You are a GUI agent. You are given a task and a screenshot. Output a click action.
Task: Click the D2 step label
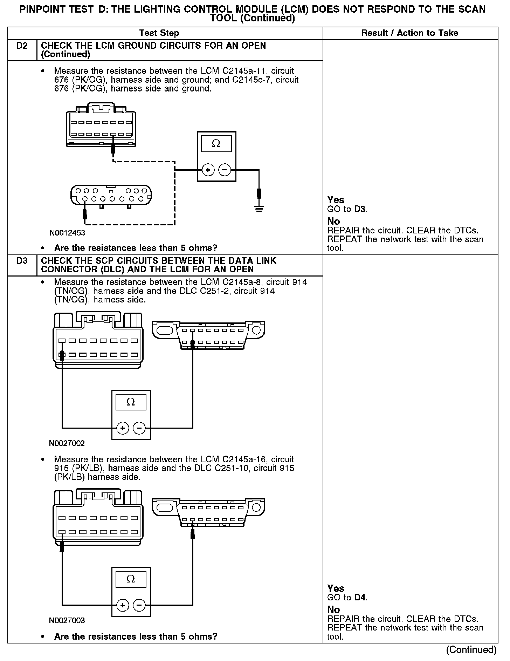(x=22, y=46)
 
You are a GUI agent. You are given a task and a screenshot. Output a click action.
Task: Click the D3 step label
(x=22, y=261)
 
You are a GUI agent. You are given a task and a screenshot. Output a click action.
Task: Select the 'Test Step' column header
(x=159, y=33)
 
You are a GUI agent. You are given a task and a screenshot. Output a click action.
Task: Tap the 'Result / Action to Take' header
(x=409, y=33)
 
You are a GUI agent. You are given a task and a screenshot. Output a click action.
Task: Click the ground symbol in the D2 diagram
(x=259, y=210)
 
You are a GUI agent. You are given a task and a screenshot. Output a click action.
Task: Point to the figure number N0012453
(x=67, y=233)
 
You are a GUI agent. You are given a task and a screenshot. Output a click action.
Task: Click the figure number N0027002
(x=67, y=443)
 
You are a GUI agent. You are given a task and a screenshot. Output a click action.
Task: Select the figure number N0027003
(x=67, y=621)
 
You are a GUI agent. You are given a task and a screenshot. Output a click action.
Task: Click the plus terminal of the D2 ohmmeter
(x=208, y=170)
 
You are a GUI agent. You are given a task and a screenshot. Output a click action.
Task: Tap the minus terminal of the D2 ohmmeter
(x=225, y=170)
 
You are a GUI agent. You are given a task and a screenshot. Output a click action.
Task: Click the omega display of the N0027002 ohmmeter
(x=131, y=402)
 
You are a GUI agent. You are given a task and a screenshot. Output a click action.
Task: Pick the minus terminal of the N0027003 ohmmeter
(x=139, y=605)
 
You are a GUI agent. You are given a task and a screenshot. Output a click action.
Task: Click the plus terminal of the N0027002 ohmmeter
(x=122, y=428)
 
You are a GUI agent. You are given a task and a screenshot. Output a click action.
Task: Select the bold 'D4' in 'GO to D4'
(x=360, y=597)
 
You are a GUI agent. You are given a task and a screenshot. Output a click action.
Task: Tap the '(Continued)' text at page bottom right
(x=471, y=649)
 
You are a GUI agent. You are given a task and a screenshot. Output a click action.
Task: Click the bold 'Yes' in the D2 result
(x=336, y=200)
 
